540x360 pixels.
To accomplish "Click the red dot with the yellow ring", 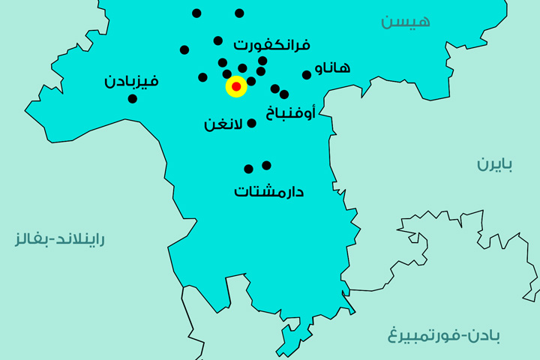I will click(x=236, y=87).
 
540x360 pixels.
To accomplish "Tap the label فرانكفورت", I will click(x=272, y=44).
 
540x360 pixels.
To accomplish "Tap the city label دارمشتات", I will click(x=268, y=191).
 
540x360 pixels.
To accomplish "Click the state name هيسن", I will click(x=406, y=21).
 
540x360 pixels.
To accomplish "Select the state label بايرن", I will click(x=495, y=164).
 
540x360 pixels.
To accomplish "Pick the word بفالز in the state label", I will click(x=31, y=240).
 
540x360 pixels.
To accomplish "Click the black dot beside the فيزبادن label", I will click(x=133, y=98).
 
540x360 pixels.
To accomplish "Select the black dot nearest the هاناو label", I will click(x=307, y=74).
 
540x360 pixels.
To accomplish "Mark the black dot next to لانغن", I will click(x=252, y=123).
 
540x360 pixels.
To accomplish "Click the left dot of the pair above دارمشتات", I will click(x=248, y=169).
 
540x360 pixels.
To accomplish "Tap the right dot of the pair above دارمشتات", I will click(x=266, y=165).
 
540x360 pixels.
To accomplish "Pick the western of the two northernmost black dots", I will click(x=196, y=13).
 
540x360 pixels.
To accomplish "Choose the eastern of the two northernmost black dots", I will click(x=239, y=13).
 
